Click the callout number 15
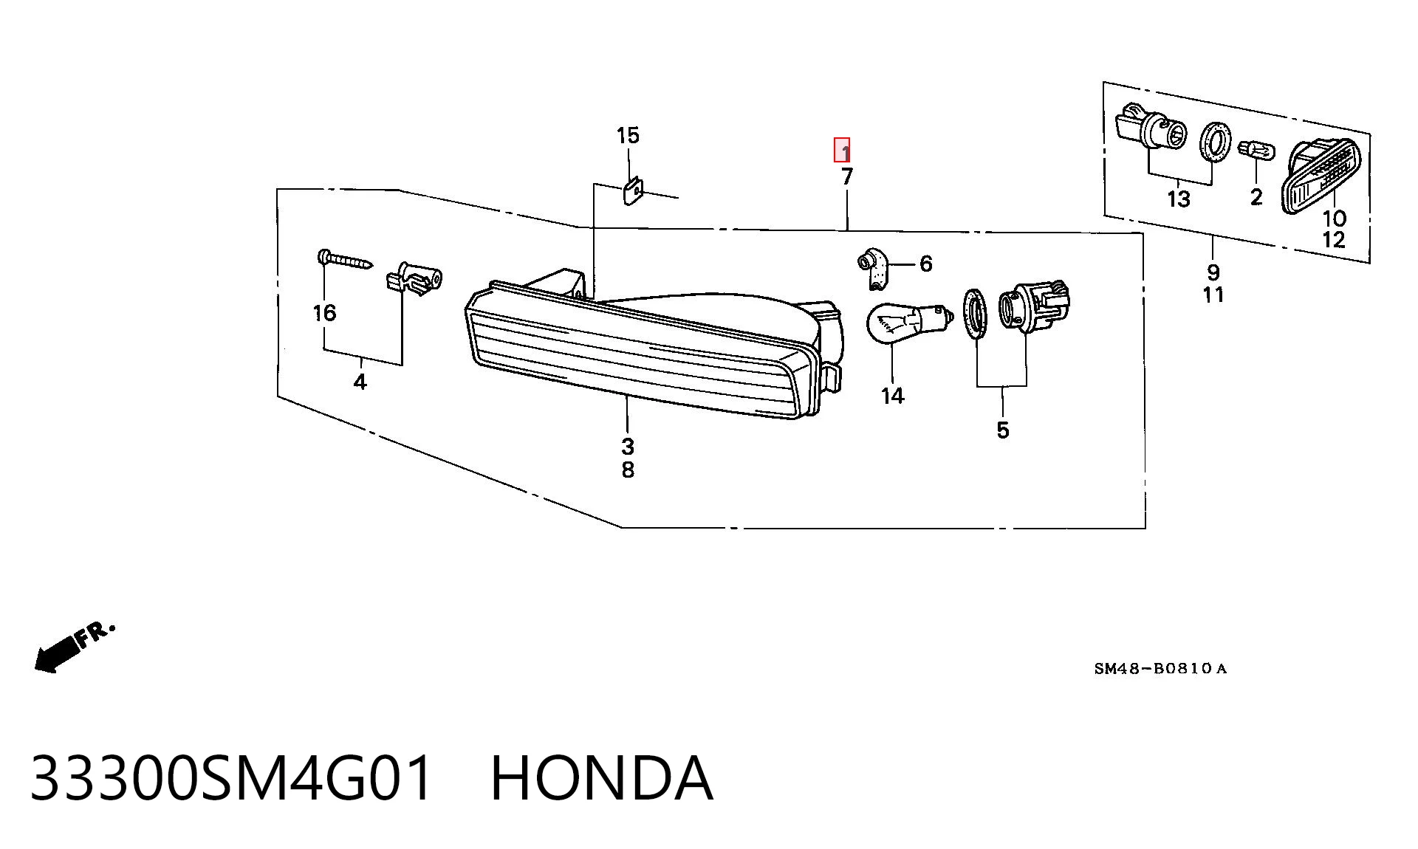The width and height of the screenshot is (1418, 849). (628, 136)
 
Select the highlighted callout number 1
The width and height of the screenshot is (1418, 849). (842, 150)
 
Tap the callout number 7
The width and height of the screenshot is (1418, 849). (847, 176)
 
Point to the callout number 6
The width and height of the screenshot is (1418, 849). (926, 264)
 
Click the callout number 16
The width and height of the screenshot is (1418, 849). (324, 313)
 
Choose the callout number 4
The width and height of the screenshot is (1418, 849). (360, 382)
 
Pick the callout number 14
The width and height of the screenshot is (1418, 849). (893, 396)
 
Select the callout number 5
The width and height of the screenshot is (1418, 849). (1002, 430)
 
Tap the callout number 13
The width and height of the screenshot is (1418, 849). (1179, 199)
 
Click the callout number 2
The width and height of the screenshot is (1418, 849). (1256, 197)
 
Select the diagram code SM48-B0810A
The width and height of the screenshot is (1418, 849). (1160, 669)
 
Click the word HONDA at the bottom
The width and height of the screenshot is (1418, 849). (602, 778)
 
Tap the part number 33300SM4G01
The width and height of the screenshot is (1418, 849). (231, 778)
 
